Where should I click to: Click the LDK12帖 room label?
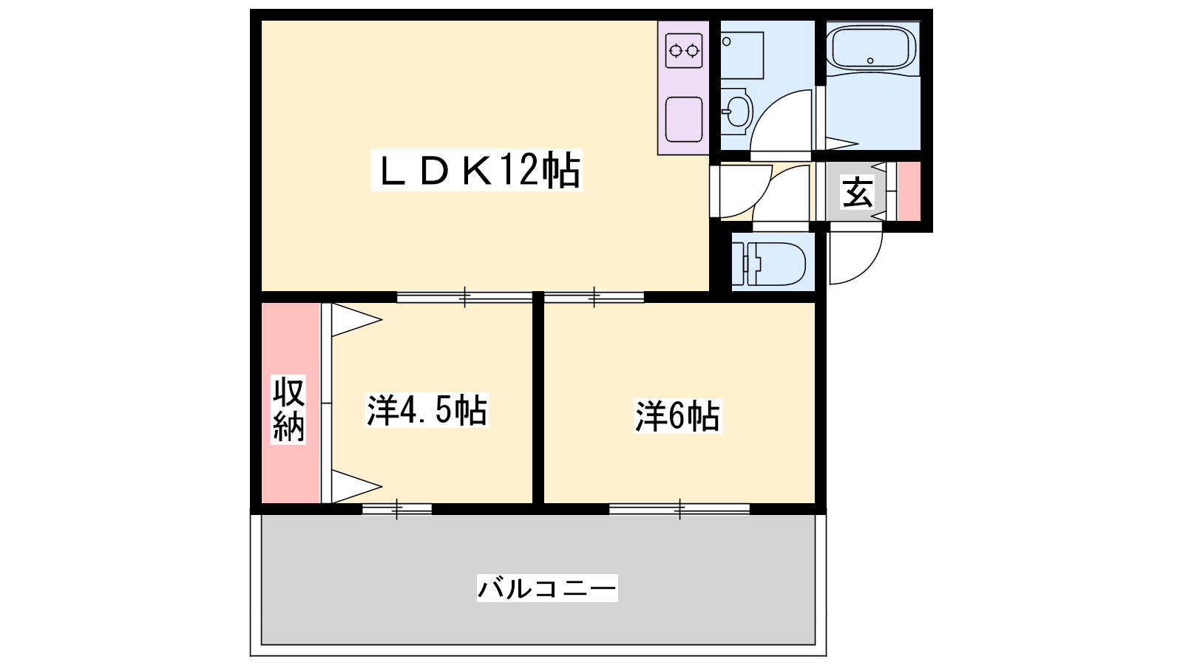(477, 170)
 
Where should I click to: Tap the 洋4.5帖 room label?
(427, 409)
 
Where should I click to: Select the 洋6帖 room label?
(677, 416)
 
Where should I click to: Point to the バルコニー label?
(547, 588)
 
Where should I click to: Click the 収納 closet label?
(288, 409)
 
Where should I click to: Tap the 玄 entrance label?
(857, 192)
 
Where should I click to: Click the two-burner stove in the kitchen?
(684, 51)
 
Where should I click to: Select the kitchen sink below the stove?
(684, 120)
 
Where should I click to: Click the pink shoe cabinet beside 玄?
(909, 191)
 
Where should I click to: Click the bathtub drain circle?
(870, 61)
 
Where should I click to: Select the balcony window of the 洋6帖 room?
(679, 509)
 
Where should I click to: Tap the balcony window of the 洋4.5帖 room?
(397, 509)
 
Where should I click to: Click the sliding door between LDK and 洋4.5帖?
(464, 297)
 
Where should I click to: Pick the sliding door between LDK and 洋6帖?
(594, 297)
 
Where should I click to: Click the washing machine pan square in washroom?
(742, 55)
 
